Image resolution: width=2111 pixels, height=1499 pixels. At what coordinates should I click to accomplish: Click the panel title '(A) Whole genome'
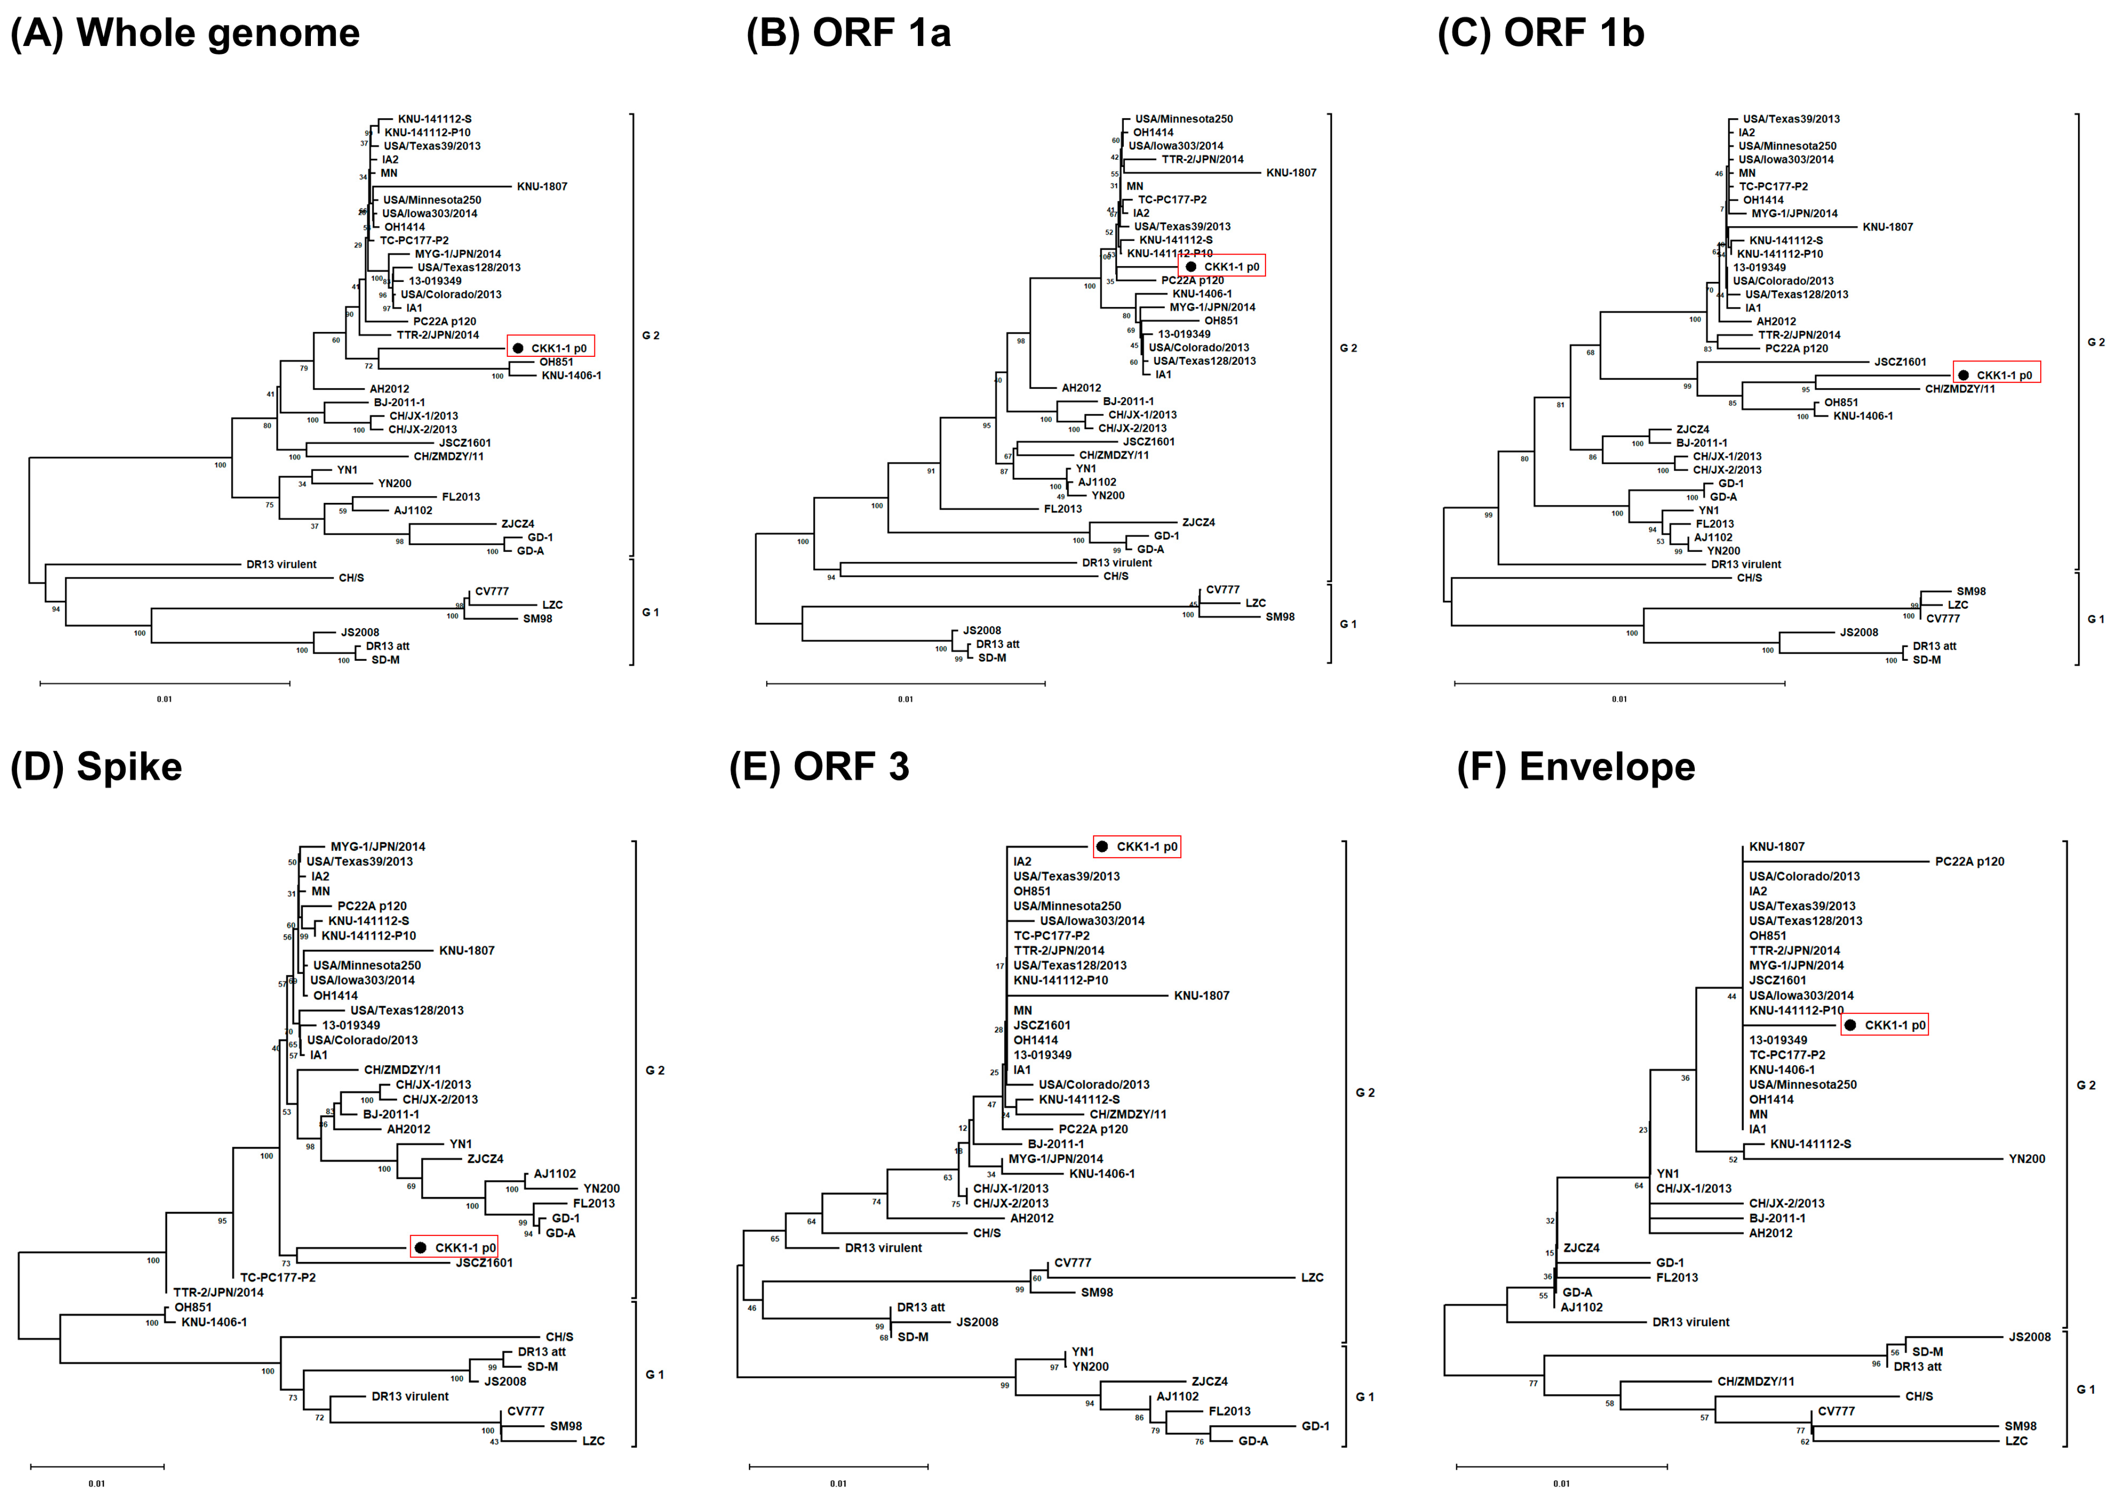[185, 33]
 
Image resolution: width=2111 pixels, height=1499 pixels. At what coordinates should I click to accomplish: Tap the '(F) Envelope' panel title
[1576, 767]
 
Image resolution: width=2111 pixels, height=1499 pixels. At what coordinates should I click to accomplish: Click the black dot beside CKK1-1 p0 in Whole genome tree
[518, 348]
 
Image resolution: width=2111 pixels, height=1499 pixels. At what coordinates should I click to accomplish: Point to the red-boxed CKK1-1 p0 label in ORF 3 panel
[1137, 846]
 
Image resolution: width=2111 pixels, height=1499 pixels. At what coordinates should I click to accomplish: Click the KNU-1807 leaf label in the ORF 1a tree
[1291, 173]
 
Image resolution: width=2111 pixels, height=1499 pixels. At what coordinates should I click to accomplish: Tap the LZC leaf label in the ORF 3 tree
[1312, 1277]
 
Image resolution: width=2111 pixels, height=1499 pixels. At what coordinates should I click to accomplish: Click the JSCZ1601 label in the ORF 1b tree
[1899, 362]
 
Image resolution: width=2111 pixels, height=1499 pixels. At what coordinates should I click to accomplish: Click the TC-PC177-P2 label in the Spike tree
[278, 1277]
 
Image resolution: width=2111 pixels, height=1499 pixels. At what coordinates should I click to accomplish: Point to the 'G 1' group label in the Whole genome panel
[651, 612]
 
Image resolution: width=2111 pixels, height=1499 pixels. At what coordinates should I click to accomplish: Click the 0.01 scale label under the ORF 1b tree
[1619, 699]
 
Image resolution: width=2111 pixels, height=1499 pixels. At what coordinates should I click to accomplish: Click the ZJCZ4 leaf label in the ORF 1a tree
[1198, 522]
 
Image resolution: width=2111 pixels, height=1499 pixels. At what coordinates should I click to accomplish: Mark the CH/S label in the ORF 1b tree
[1749, 578]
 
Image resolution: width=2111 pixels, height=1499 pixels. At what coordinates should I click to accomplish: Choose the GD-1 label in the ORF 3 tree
[1316, 1426]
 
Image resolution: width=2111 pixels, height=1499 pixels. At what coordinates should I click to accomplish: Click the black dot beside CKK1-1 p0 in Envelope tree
[1850, 1024]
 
